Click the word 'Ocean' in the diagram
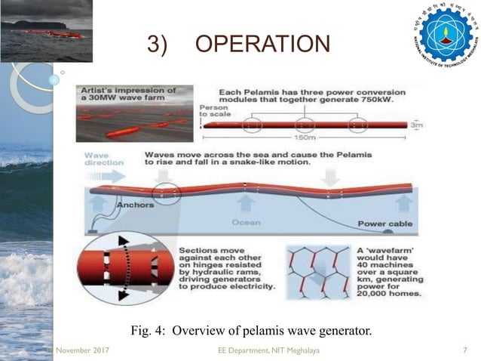pos(246,223)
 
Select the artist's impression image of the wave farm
pos(135,113)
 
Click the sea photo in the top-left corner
pos(46,30)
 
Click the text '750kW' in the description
pos(384,101)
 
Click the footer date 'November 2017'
pos(78,350)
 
